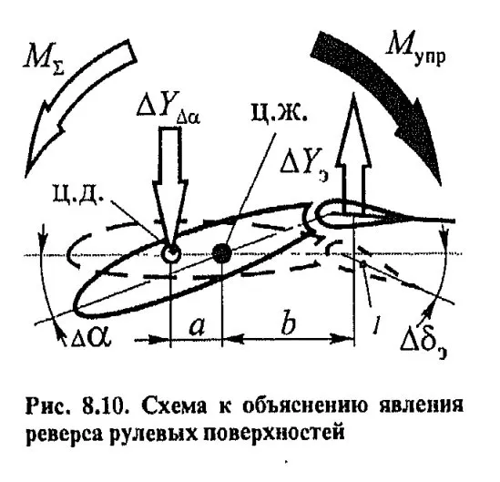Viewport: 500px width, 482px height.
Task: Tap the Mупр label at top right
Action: [x=415, y=48]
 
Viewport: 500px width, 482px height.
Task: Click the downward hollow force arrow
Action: [x=170, y=189]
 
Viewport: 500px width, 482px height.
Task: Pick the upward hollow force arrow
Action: [x=354, y=152]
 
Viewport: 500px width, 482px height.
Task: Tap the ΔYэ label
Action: [x=304, y=165]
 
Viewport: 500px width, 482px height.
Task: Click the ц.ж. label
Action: [x=279, y=114]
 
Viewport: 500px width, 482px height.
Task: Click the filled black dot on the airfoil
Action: [x=222, y=253]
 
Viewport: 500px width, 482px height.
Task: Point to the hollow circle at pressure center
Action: [x=171, y=253]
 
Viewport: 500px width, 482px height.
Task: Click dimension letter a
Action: [x=197, y=328]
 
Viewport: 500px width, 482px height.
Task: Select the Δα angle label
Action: [x=90, y=337]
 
